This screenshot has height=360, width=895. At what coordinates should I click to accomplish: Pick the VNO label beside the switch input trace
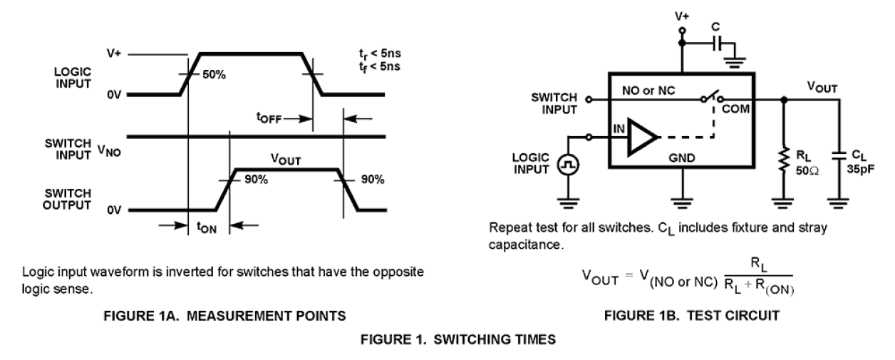click(x=109, y=150)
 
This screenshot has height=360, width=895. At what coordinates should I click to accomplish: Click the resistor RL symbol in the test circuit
click(x=783, y=161)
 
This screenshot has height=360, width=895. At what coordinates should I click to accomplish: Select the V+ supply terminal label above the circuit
click(x=682, y=14)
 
